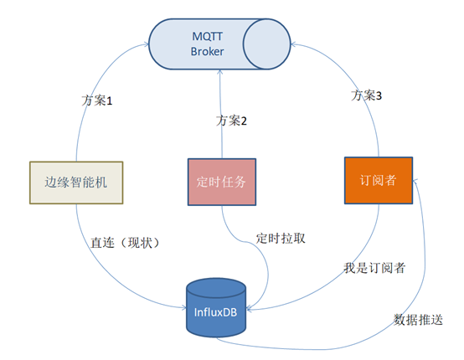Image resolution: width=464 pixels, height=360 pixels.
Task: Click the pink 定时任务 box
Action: pyautogui.click(x=220, y=180)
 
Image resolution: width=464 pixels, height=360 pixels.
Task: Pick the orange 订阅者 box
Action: pyautogui.click(x=379, y=179)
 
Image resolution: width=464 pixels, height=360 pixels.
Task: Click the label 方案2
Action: pyautogui.click(x=232, y=121)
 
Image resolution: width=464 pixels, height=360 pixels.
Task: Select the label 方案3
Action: pyautogui.click(x=367, y=95)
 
